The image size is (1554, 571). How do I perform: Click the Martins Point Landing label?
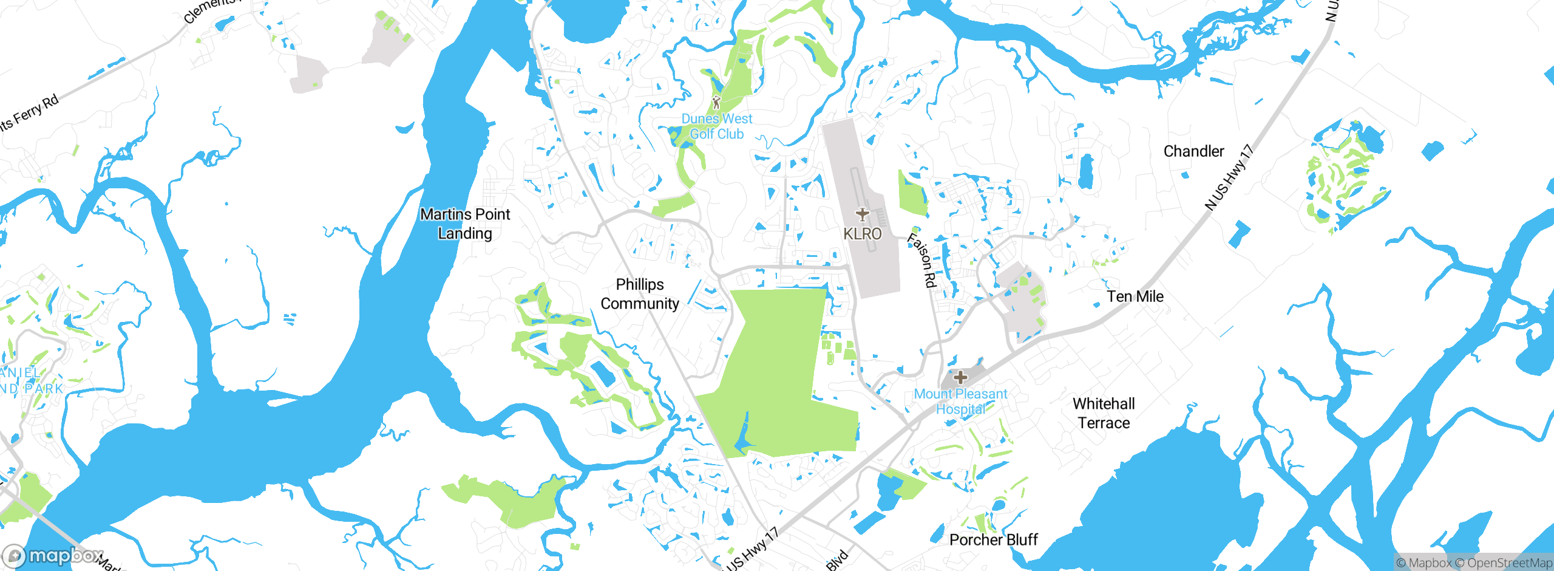(x=465, y=224)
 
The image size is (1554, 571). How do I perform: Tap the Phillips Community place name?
(x=640, y=294)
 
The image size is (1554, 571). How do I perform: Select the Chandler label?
(x=1193, y=151)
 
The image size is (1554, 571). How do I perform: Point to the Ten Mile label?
(x=1135, y=296)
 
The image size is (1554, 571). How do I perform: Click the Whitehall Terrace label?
(x=1104, y=413)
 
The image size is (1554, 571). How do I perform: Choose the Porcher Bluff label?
(x=993, y=539)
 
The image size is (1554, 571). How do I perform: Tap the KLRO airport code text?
(x=862, y=234)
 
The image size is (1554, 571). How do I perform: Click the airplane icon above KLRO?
(x=862, y=214)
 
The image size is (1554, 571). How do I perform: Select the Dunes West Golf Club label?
(x=716, y=126)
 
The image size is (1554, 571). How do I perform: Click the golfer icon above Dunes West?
(x=716, y=102)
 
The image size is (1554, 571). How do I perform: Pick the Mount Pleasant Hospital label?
(x=960, y=402)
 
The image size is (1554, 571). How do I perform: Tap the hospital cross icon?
(x=960, y=377)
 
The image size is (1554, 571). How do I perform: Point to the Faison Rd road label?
(x=922, y=260)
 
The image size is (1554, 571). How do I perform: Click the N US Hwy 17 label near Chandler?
(x=1229, y=177)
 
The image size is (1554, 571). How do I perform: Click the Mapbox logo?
(x=53, y=555)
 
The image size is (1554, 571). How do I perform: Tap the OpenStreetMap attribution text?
(x=1509, y=563)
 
